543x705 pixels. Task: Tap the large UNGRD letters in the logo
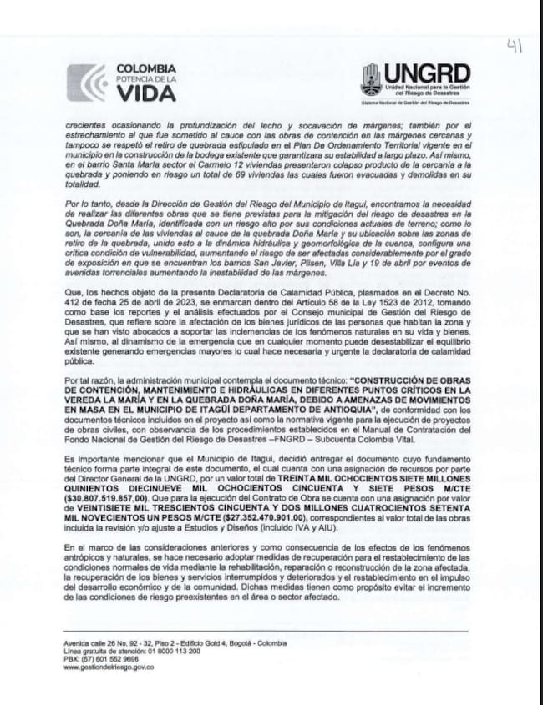[427, 73]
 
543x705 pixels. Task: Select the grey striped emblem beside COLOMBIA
[85, 83]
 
